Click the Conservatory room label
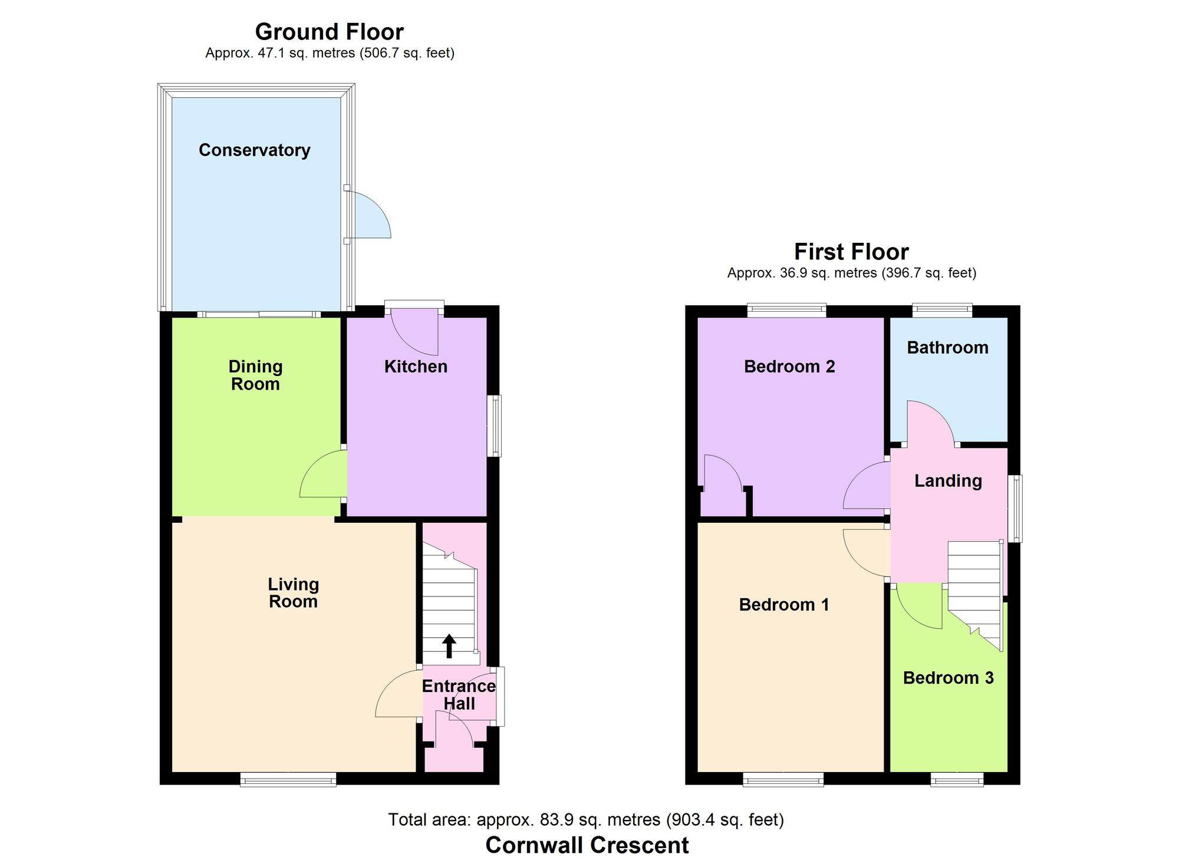pos(254,150)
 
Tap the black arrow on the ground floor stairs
pos(449,646)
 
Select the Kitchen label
pos(416,367)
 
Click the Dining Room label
pos(255,375)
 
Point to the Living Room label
pos(293,593)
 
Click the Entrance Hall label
pos(459,695)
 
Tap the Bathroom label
pos(947,348)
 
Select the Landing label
pos(948,481)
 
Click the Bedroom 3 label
pos(948,678)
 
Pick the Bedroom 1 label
pos(783,605)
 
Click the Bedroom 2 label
pos(789,367)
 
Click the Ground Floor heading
pos(329,31)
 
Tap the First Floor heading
pos(851,252)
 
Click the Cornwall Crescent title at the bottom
pos(587,845)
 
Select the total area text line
pos(586,820)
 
